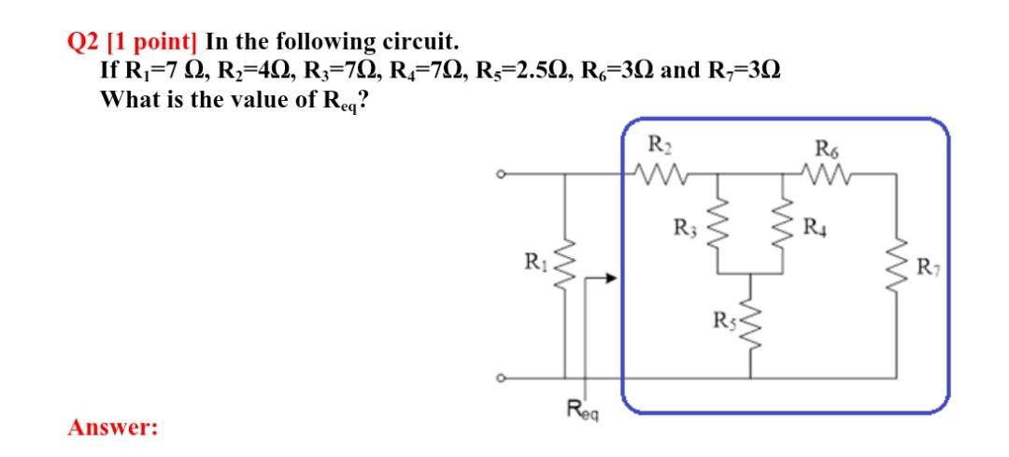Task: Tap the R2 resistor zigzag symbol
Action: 660,172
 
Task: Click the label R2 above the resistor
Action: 659,146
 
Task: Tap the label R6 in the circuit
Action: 827,146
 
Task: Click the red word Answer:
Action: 112,428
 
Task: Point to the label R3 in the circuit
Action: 685,227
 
